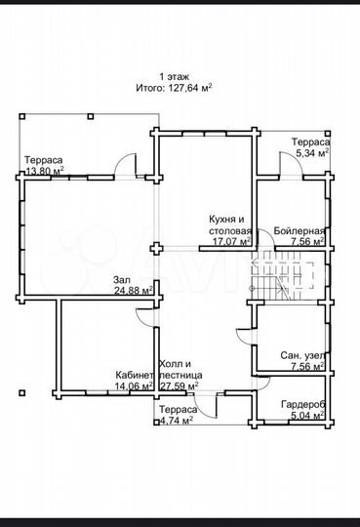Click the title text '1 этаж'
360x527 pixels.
tap(174, 75)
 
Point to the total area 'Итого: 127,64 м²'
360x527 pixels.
tap(174, 87)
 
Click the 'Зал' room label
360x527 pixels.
tap(121, 279)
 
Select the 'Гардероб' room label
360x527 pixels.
tap(305, 404)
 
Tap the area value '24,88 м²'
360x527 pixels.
tap(134, 291)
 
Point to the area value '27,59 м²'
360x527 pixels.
tap(180, 385)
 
